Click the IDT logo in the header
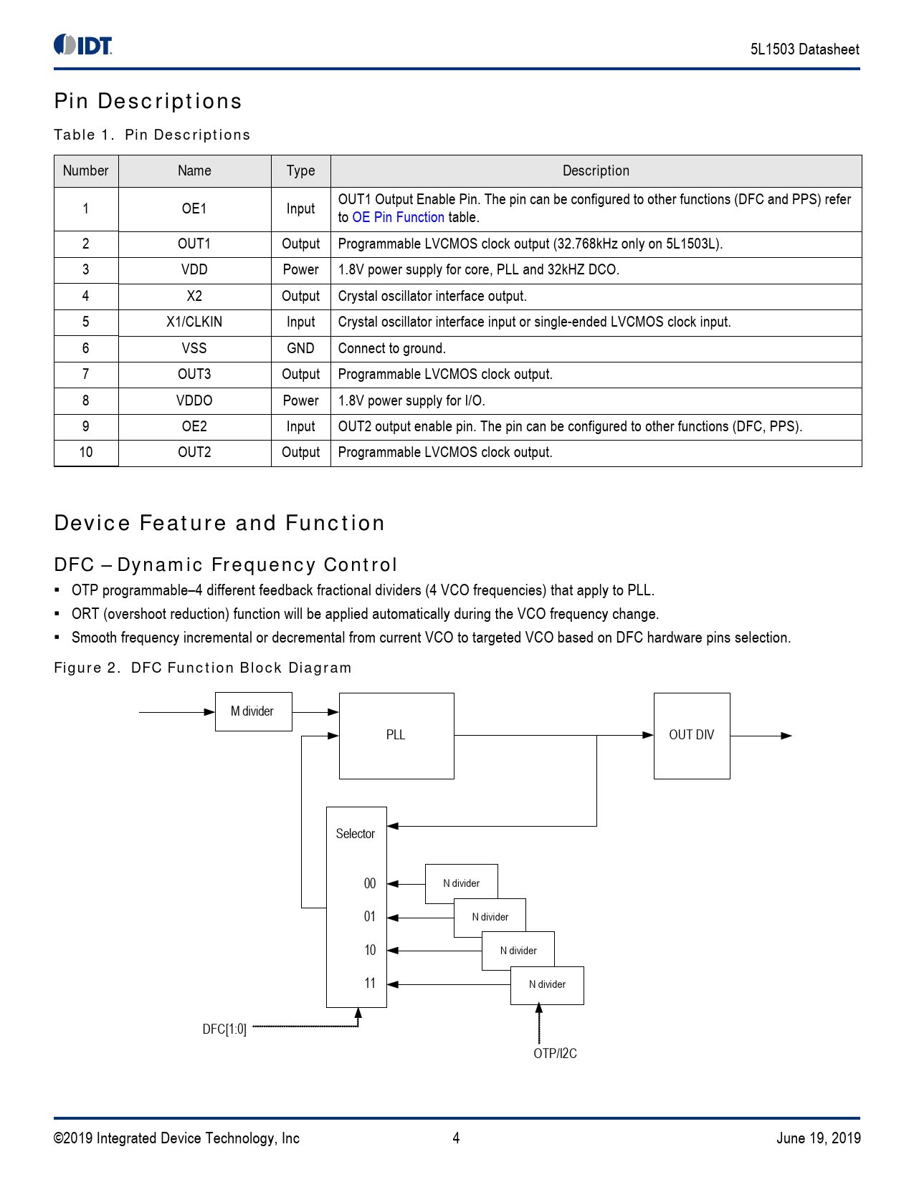(83, 45)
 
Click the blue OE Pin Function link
(398, 217)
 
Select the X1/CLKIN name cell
(194, 322)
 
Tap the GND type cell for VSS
(300, 348)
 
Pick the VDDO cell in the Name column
(194, 400)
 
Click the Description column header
(596, 170)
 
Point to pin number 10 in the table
(86, 453)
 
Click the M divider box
(253, 711)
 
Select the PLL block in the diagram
(396, 735)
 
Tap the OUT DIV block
(691, 735)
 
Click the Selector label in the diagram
(356, 834)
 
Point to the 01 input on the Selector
(370, 917)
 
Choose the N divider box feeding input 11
(547, 985)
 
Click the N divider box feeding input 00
(460, 883)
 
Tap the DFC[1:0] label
(224, 1029)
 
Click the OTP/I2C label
(555, 1054)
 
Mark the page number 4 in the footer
(456, 1138)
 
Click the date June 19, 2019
(818, 1138)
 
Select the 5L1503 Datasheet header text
(804, 49)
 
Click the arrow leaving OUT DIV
(761, 736)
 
